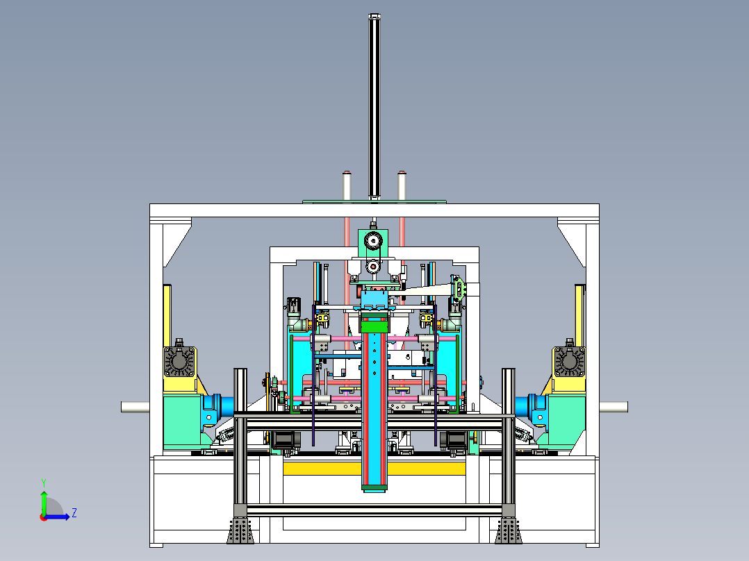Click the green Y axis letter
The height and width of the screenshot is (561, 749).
[x=44, y=483]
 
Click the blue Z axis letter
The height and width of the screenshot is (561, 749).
[x=74, y=513]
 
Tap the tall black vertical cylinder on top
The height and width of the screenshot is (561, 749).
[x=374, y=106]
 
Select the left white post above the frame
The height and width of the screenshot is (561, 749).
[x=347, y=185]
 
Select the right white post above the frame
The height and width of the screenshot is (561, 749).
[x=402, y=185]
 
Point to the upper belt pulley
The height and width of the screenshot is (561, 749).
[x=372, y=241]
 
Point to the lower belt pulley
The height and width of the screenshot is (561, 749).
[x=372, y=267]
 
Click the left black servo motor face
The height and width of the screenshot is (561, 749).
[x=179, y=361]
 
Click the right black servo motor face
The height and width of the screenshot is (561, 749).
[x=569, y=361]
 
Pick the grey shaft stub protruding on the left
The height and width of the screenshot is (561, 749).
[x=135, y=407]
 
